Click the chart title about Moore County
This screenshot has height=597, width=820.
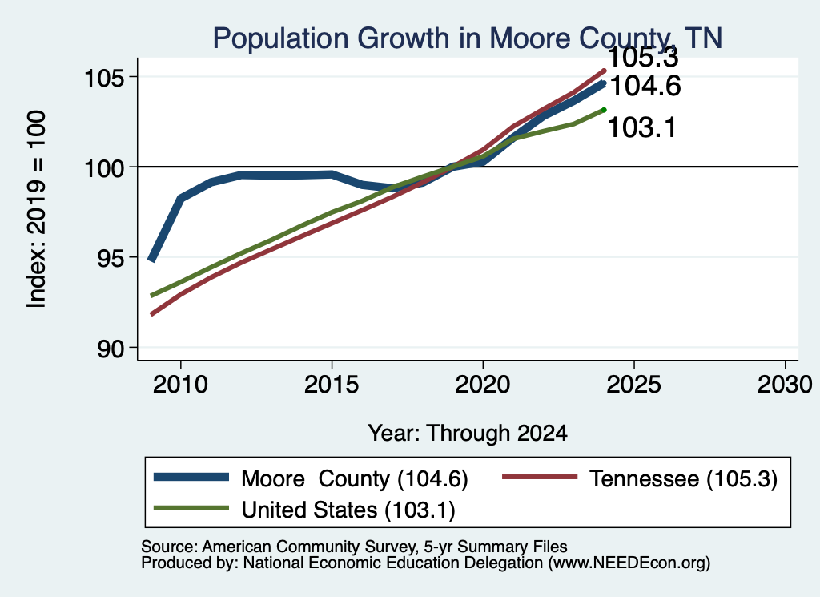pos(468,38)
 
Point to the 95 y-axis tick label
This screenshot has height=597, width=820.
pos(111,259)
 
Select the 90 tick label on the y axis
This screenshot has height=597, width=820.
pos(111,349)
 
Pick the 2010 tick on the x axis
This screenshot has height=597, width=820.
pos(180,385)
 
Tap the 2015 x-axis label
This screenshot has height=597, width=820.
pos(332,385)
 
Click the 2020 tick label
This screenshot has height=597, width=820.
pos(483,385)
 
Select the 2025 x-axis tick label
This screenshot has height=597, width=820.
pos(634,385)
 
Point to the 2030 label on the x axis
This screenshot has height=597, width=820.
pos(785,385)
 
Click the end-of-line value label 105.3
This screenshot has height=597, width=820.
pos(643,58)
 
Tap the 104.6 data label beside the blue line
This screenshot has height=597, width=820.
pos(645,87)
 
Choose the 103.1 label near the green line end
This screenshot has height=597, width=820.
pos(641,127)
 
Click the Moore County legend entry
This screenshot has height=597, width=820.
pos(312,478)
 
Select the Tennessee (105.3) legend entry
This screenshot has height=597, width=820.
pos(640,478)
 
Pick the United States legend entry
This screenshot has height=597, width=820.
pos(304,510)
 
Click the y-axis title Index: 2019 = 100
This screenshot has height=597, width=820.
pos(36,209)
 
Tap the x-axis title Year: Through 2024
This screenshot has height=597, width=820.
pos(468,434)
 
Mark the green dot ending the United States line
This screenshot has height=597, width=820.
pos(604,110)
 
